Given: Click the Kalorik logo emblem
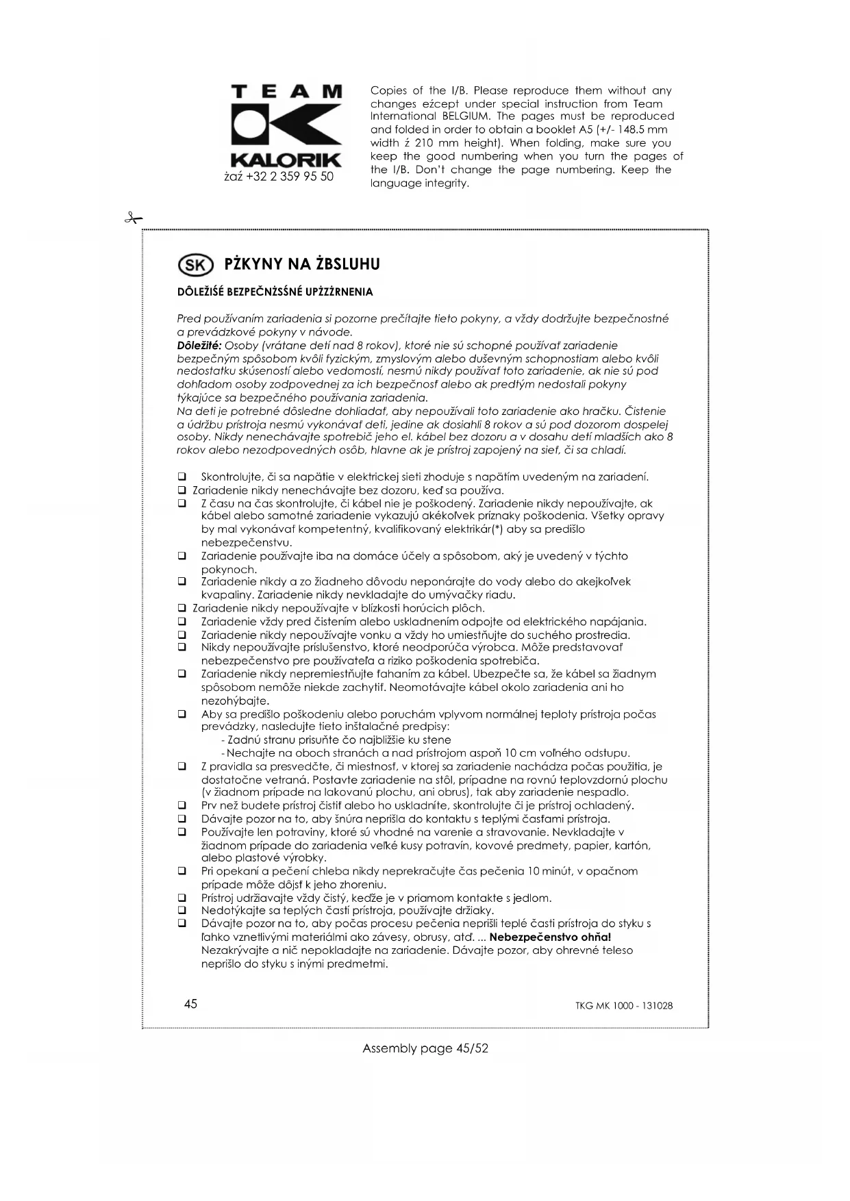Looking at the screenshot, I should coord(286,126).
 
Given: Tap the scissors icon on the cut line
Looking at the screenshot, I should coord(133,219).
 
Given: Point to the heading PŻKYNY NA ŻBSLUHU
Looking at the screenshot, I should coord(302,264).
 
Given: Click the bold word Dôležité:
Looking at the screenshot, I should coord(199,345).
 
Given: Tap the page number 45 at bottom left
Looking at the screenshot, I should coord(190,1004).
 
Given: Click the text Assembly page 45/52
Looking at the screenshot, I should coord(425,1048).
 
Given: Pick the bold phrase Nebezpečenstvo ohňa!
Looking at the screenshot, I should coord(550,937).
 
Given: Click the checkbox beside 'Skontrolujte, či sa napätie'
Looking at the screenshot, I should coord(182,477).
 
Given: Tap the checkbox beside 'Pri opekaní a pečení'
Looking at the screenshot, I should coord(182,871).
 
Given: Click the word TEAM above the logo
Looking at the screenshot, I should coord(286,91).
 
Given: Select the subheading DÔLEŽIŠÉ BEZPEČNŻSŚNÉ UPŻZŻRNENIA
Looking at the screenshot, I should coord(275,292).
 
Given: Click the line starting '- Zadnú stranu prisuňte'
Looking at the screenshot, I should coord(336,739).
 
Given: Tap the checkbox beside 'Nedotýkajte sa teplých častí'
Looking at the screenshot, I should coord(182,911).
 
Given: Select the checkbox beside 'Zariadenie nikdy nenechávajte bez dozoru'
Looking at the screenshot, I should coord(182,490).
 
